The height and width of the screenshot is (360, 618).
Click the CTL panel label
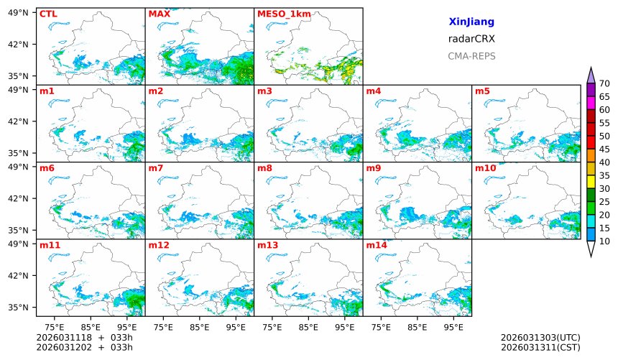click(x=47, y=14)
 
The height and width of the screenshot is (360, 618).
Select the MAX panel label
click(x=159, y=14)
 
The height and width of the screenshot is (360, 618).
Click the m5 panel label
click(x=482, y=91)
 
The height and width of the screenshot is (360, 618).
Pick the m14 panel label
click(x=376, y=245)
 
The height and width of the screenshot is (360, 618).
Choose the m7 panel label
click(x=156, y=168)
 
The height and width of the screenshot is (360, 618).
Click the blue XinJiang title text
click(x=471, y=22)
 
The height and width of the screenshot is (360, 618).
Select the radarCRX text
click(x=471, y=39)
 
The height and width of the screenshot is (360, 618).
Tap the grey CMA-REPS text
click(x=471, y=56)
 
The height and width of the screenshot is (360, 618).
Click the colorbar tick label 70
click(x=604, y=84)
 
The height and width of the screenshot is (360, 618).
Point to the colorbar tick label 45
click(x=604, y=149)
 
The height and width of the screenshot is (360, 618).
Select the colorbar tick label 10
click(x=604, y=241)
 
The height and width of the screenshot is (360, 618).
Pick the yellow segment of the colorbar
click(x=591, y=182)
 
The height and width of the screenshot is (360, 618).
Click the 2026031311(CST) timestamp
click(x=540, y=348)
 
